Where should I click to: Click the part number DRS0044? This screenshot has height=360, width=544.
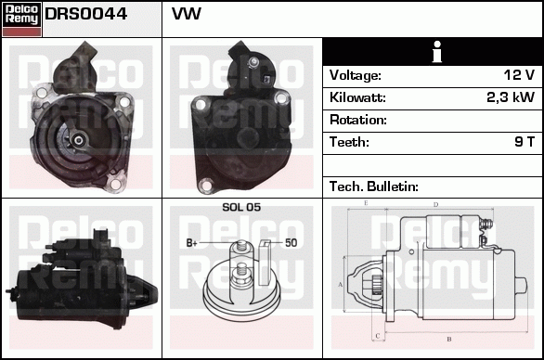[86, 16]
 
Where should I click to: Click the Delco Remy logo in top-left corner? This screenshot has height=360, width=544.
[21, 18]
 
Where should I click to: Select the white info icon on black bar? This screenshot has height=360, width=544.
[433, 52]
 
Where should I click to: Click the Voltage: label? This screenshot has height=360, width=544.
[356, 75]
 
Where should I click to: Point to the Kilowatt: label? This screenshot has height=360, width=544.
[357, 97]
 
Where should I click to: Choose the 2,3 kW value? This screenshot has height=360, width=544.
[511, 97]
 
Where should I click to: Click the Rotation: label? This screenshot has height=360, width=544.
[357, 120]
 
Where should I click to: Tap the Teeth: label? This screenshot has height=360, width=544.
[349, 142]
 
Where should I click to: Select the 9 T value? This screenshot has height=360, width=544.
[525, 142]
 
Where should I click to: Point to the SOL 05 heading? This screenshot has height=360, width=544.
[240, 207]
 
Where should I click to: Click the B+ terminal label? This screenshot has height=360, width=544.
[192, 243]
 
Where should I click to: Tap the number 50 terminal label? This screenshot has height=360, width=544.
[291, 243]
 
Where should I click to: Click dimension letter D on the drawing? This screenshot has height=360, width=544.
[435, 203]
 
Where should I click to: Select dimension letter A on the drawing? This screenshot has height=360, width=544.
[341, 283]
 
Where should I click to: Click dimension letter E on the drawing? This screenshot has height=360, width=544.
[366, 202]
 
